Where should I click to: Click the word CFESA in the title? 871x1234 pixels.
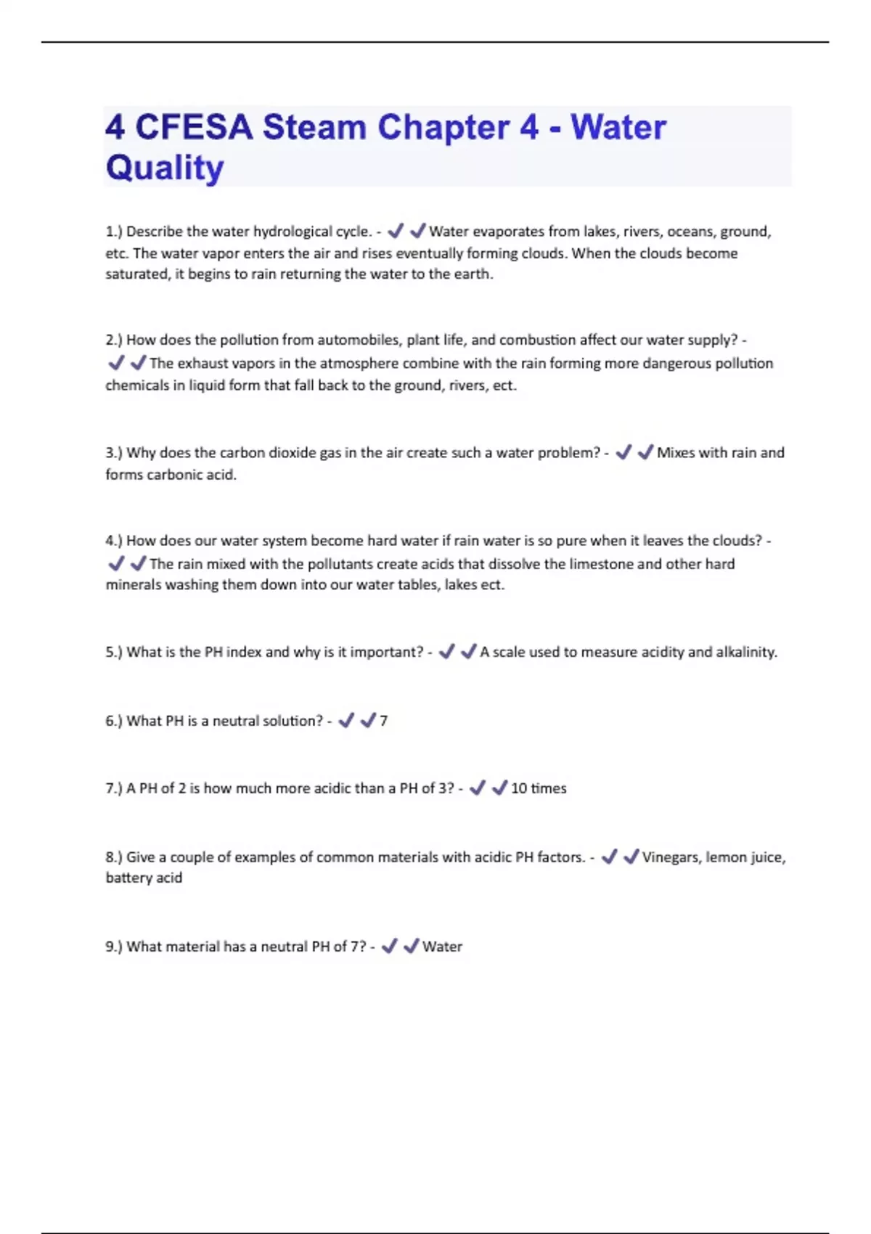point(194,128)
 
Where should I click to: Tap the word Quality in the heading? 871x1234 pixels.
point(165,168)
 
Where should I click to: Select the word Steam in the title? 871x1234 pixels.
point(314,128)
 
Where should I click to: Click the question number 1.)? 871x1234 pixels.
point(114,232)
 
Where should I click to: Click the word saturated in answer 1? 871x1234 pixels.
point(136,274)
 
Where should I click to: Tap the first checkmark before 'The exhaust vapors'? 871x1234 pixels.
point(116,362)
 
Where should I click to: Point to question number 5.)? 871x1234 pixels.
point(114,652)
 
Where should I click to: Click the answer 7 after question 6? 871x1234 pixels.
point(384,721)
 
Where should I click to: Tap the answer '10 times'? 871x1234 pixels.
point(539,788)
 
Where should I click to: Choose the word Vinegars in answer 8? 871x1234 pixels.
point(671,857)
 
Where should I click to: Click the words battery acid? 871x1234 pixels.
point(144,878)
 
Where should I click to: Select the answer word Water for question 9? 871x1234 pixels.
point(442,947)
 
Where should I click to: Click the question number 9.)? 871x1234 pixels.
point(114,947)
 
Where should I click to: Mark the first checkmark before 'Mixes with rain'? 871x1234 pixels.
point(623,452)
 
